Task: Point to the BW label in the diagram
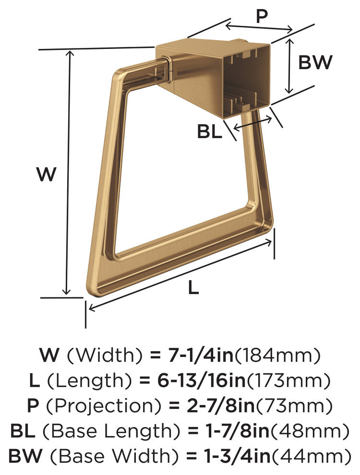315,62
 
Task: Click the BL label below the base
209,132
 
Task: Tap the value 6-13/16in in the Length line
201,381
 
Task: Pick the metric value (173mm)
288,381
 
